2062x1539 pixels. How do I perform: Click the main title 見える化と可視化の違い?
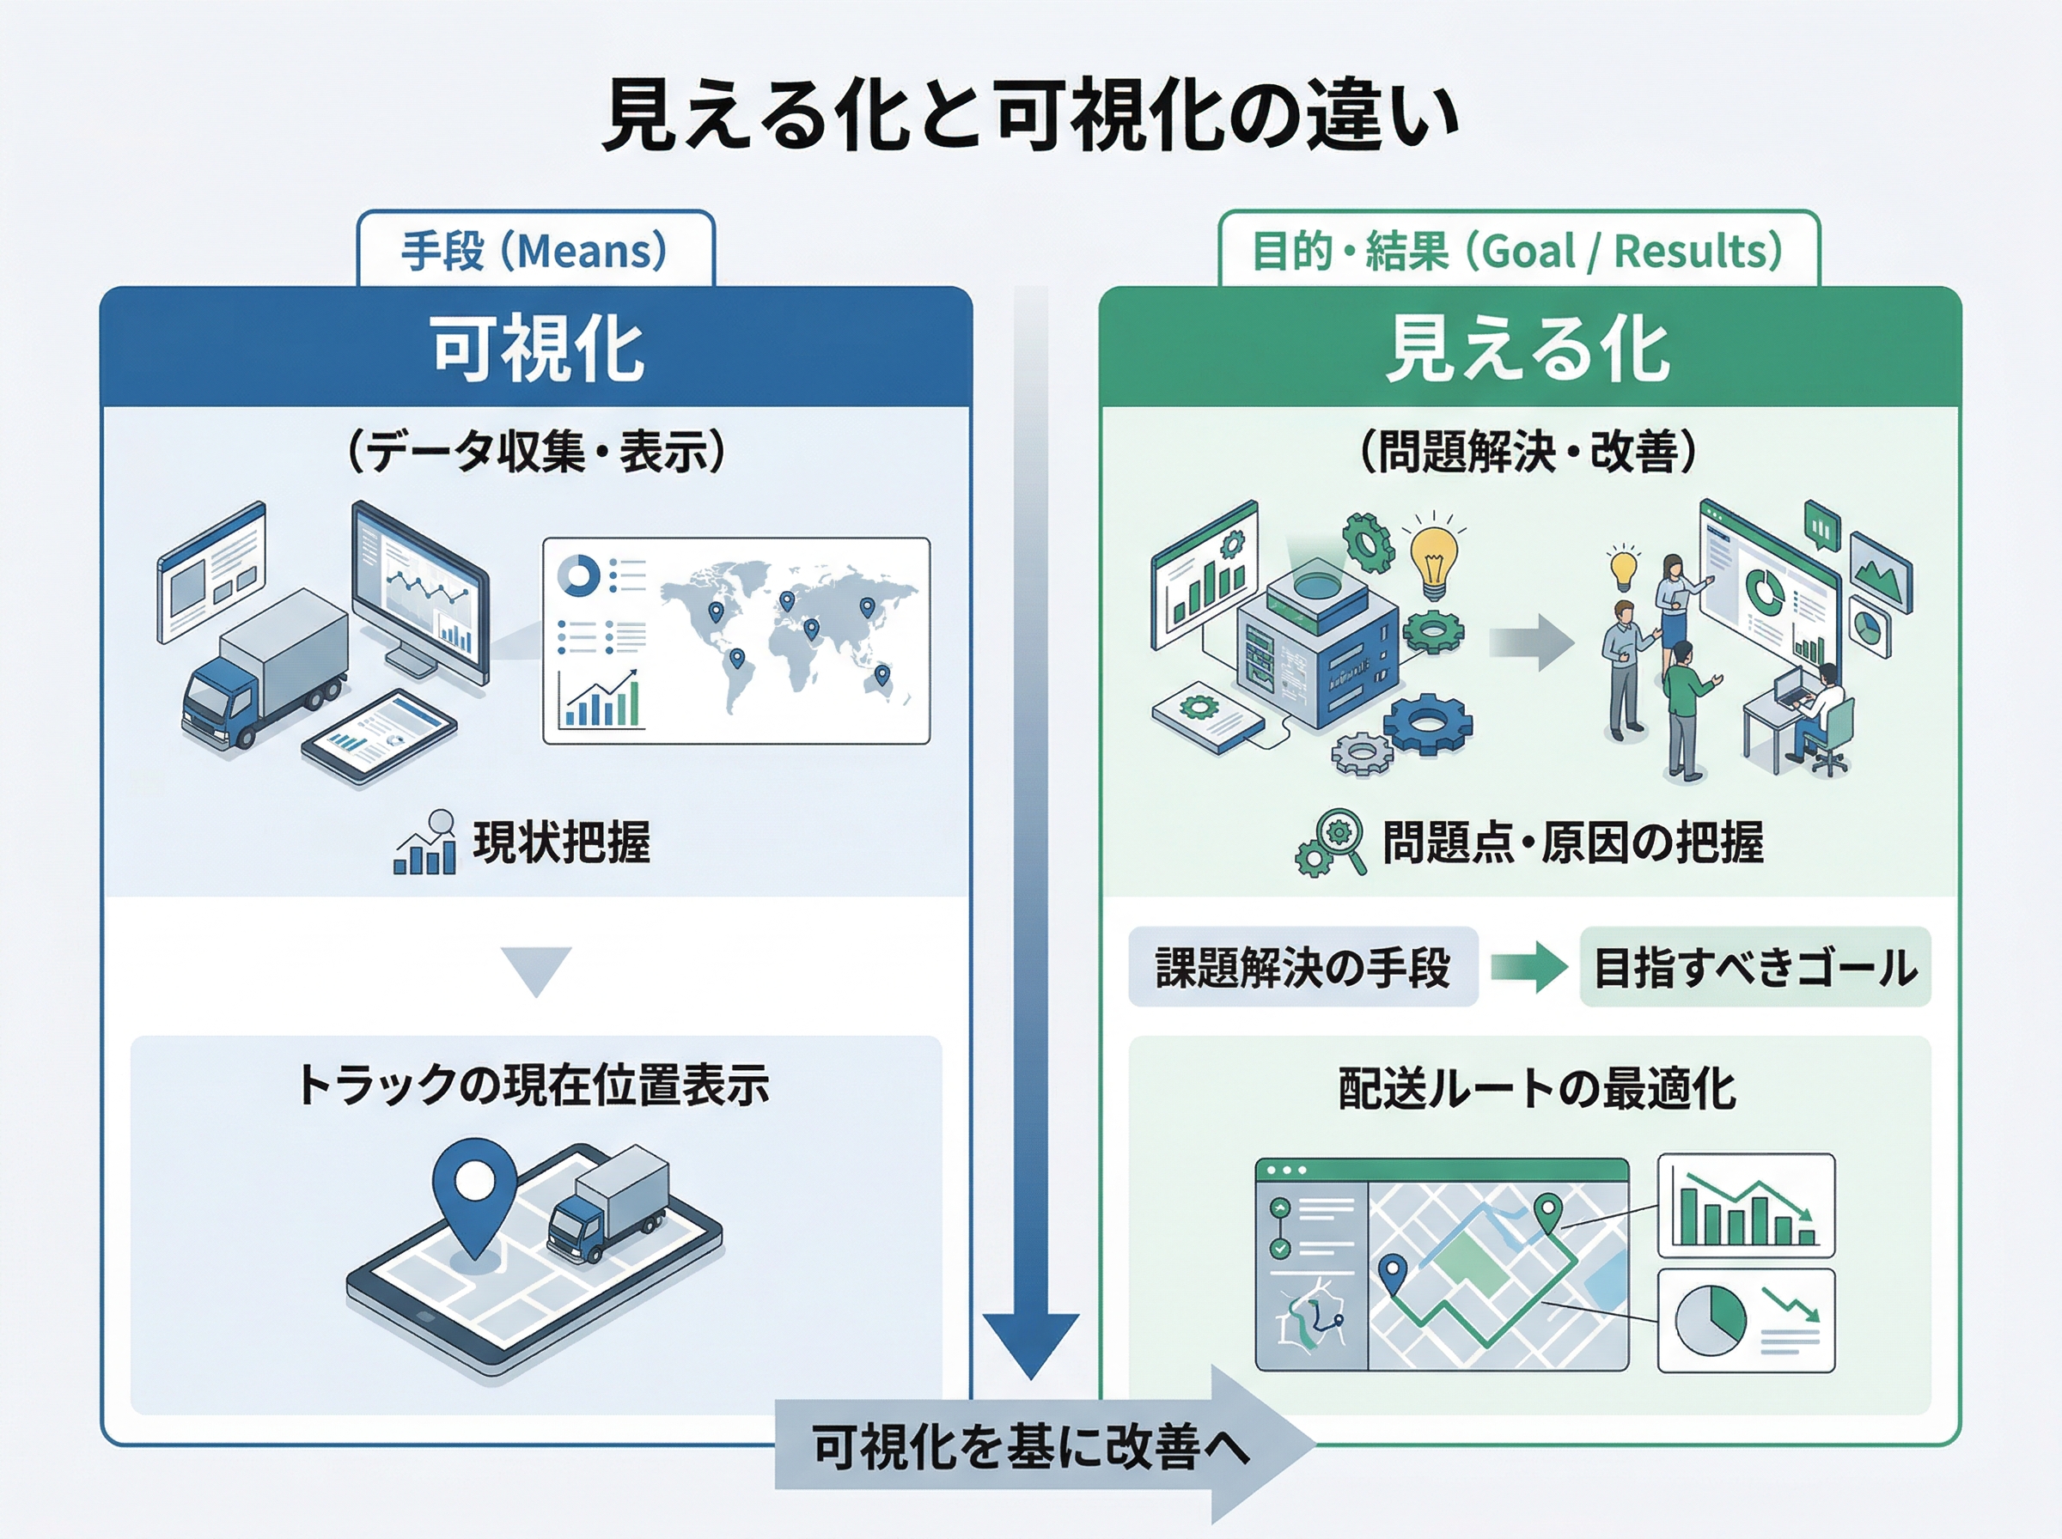coord(1030,117)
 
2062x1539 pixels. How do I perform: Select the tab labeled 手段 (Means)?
coord(535,251)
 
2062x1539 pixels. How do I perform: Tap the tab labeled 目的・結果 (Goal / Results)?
coord(1518,251)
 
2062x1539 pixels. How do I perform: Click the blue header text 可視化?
coord(537,349)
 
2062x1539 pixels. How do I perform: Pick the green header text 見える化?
coord(1528,349)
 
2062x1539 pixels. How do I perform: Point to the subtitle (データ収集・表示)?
coord(536,452)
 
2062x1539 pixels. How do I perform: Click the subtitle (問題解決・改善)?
coord(1528,452)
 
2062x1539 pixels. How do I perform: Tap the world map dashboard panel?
coord(736,640)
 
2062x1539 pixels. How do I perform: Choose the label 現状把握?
coord(561,842)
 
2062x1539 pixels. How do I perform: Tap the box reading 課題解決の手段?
coord(1302,967)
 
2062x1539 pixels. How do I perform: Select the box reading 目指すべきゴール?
coord(1754,967)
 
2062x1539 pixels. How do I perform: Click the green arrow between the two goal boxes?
coord(1529,967)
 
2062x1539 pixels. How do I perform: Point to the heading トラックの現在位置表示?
coord(534,1086)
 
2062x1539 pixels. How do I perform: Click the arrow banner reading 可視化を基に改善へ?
coord(1034,1447)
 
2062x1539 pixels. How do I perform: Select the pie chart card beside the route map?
coord(1745,1320)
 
